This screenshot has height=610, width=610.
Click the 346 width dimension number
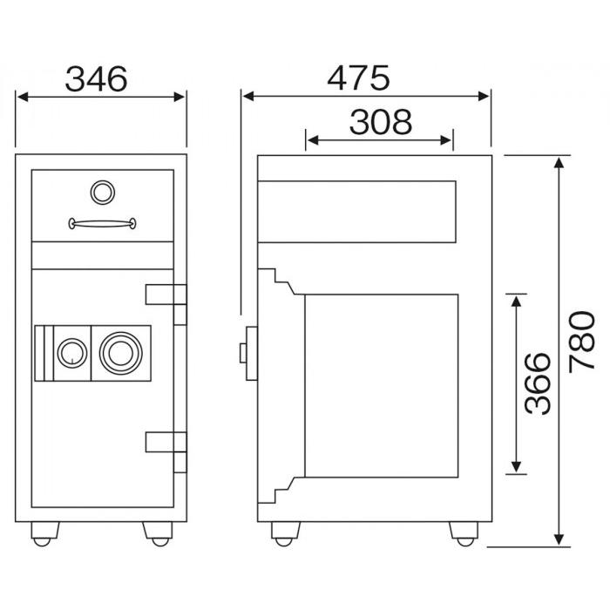point(96,79)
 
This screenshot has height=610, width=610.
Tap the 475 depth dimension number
point(358,78)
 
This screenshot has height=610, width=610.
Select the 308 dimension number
point(381,122)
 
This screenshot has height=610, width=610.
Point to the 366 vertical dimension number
point(538,383)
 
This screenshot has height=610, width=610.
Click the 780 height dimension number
point(582,342)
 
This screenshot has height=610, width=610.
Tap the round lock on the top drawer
point(103,193)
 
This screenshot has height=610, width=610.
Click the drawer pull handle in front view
point(102,223)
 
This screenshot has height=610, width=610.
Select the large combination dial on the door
point(121,353)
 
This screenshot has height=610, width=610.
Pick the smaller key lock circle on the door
point(72,353)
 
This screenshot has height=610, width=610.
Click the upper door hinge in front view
point(166,304)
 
